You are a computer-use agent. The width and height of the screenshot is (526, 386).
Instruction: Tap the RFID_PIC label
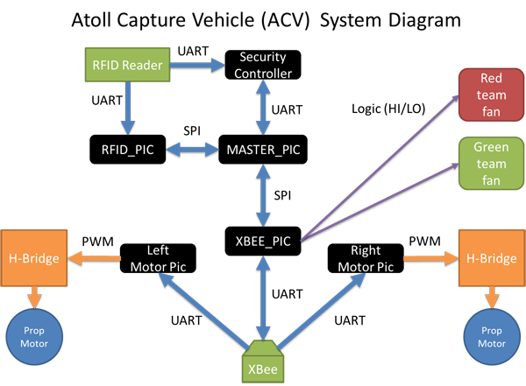127,150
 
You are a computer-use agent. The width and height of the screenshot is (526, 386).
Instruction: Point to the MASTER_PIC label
263,150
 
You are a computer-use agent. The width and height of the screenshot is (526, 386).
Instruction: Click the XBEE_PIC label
264,240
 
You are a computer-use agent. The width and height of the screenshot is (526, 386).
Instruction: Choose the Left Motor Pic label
159,257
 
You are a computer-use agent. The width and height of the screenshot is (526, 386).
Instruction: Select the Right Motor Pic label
366,257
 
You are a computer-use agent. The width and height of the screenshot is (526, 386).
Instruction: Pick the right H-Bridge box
491,258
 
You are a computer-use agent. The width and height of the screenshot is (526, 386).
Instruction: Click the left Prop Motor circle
32,337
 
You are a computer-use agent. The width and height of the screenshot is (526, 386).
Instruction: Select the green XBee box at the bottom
263,369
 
